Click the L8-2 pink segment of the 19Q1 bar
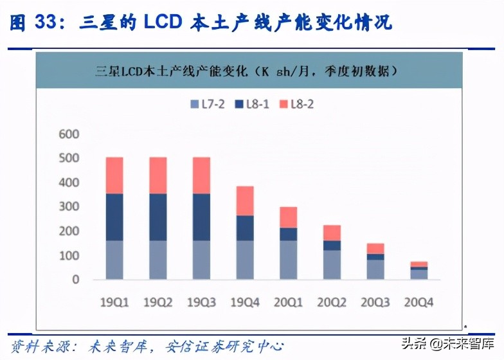click(x=114, y=175)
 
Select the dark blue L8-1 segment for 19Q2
click(x=157, y=217)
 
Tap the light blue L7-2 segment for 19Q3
click(x=201, y=260)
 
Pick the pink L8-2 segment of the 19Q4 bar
click(x=245, y=201)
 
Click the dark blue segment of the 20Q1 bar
click(x=289, y=234)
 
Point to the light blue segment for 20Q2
click(x=332, y=264)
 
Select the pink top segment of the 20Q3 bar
click(x=375, y=248)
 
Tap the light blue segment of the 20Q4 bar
click(x=419, y=274)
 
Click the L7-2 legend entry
click(x=208, y=104)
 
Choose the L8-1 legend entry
click(x=253, y=104)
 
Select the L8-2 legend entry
click(x=296, y=104)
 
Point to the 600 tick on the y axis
click(x=68, y=134)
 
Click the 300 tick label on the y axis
click(x=68, y=207)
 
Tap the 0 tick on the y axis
click(x=75, y=280)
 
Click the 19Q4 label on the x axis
click(x=245, y=300)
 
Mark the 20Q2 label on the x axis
click(x=332, y=300)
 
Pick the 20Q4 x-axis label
click(x=419, y=300)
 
